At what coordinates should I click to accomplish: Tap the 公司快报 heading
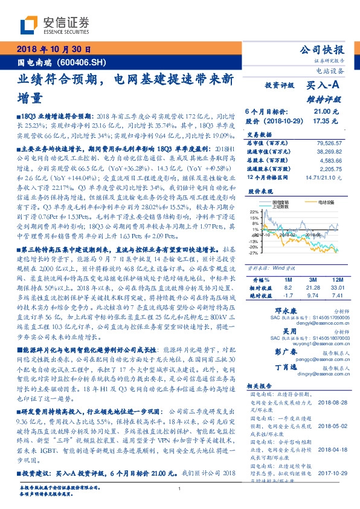tap(329, 50)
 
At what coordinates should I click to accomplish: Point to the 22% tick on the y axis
tap(254, 212)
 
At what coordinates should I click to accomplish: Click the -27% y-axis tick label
tap(254, 253)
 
